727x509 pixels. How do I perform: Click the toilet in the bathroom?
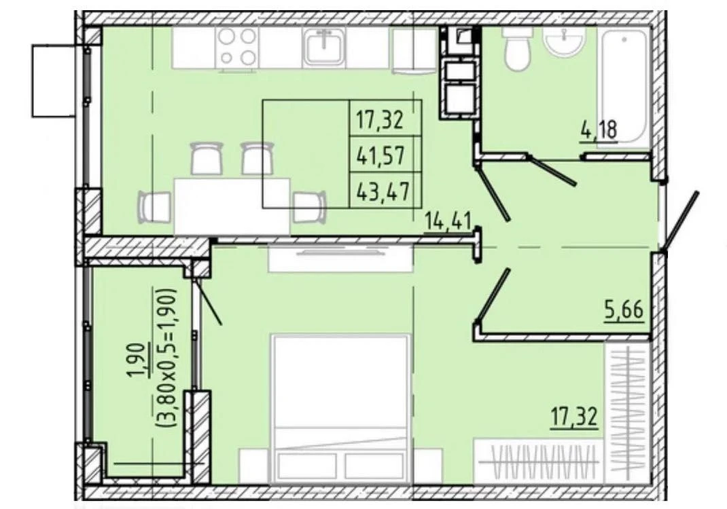click(517, 48)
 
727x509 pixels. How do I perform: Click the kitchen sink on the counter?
click(323, 45)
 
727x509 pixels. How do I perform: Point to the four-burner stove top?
click(237, 46)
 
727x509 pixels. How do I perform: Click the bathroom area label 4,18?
click(599, 131)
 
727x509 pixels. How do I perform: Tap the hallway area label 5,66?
click(624, 310)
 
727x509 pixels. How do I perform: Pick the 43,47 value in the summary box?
click(383, 190)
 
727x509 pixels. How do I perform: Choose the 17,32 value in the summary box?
click(380, 120)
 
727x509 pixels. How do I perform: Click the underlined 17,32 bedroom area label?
click(574, 417)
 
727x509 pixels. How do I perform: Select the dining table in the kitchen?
click(232, 206)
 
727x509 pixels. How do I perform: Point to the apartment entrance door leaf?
click(681, 221)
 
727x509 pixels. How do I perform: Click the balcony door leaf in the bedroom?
click(208, 300)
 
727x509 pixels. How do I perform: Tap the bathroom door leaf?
click(552, 171)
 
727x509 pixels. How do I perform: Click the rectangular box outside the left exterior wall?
click(54, 81)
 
